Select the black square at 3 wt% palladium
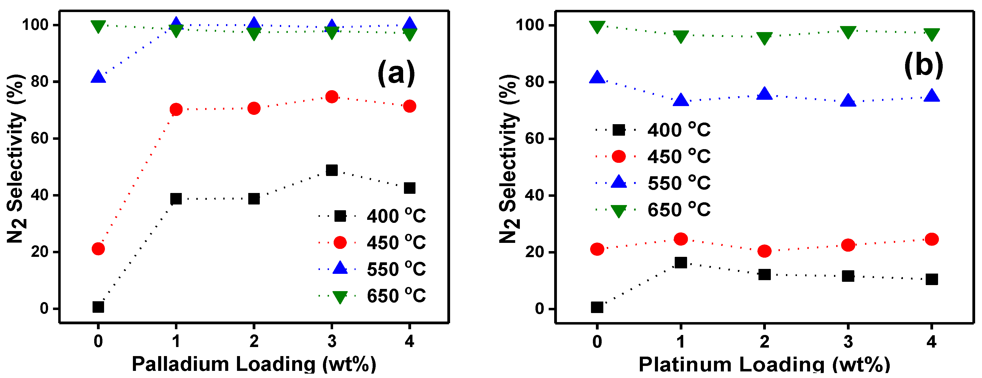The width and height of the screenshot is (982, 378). (332, 170)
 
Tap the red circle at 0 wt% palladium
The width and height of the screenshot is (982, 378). (98, 249)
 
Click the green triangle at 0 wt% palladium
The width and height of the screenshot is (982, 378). (98, 26)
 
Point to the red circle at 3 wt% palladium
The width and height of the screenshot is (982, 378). (332, 97)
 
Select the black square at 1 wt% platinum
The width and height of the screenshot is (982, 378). (680, 263)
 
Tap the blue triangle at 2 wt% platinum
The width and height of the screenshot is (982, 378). (764, 94)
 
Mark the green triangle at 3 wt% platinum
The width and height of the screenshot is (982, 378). (848, 32)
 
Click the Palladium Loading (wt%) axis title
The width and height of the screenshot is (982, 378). (254, 364)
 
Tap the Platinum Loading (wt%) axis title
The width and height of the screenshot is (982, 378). (764, 364)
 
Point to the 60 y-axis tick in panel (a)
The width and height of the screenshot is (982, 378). (40, 138)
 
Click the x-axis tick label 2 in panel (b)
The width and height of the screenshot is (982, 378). (764, 342)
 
